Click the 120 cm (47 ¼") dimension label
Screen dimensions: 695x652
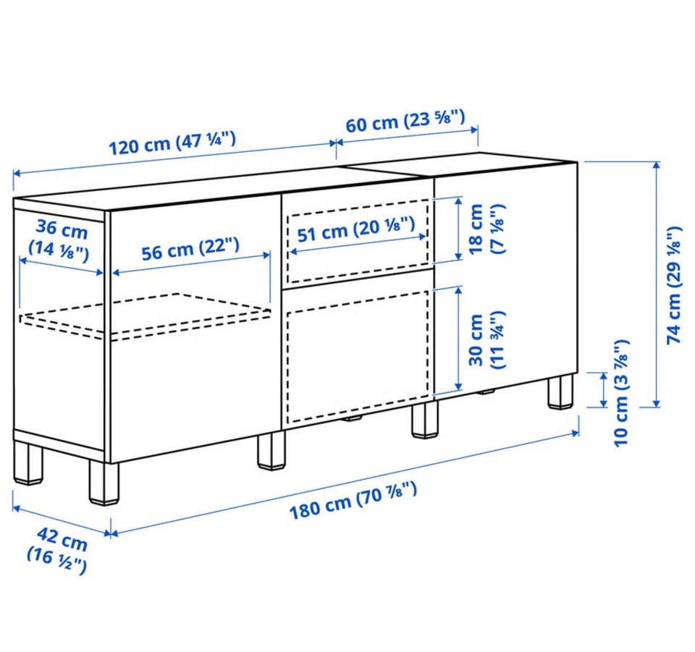[172, 142]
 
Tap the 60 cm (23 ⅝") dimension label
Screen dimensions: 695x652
[405, 120]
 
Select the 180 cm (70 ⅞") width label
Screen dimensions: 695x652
[353, 500]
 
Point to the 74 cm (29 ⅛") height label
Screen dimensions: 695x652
[674, 285]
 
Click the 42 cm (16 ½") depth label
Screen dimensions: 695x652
[59, 551]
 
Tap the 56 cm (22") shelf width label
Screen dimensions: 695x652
[190, 249]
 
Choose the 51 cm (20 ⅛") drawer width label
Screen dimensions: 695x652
[356, 229]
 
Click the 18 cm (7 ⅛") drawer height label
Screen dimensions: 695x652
[486, 229]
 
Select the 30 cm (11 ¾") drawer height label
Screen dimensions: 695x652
[486, 340]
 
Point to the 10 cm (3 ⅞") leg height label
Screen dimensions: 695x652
[621, 394]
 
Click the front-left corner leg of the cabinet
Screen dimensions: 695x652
[105, 483]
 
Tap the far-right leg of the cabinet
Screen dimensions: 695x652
[560, 391]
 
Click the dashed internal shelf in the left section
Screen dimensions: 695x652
[146, 316]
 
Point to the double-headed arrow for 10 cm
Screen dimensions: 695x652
[603, 390]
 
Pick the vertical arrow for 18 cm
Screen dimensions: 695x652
[459, 229]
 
